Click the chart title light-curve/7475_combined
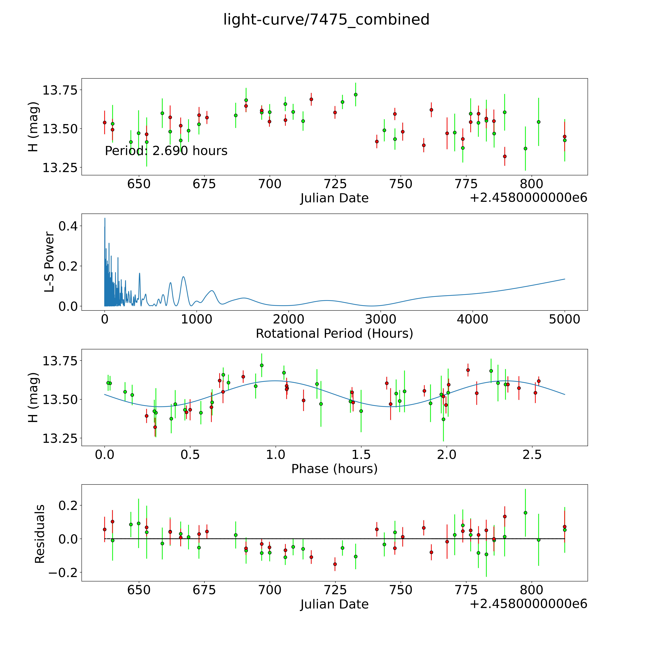coord(326,20)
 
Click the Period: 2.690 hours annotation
coord(166,151)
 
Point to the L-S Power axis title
coord(49,262)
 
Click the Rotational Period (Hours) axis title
coord(334,334)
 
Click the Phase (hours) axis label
coord(334,469)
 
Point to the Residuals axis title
coord(40,534)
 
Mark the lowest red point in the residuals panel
coord(335,564)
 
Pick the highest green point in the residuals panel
coord(525,513)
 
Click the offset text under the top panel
coord(528,198)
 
